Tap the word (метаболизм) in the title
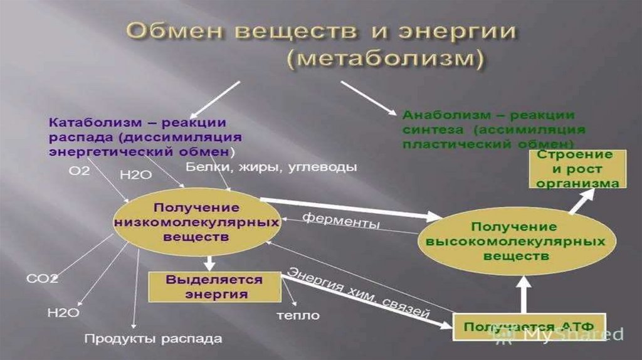pos(386,60)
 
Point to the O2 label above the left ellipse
pos(78,170)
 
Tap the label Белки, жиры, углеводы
pos(271,167)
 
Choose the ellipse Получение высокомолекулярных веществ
pos(512,241)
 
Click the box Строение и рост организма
pos(579,169)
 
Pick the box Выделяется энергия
pos(214,286)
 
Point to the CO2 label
pos(42,278)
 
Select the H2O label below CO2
pos(63,312)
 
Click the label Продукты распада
pos(153,339)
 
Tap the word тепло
pos(298,315)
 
